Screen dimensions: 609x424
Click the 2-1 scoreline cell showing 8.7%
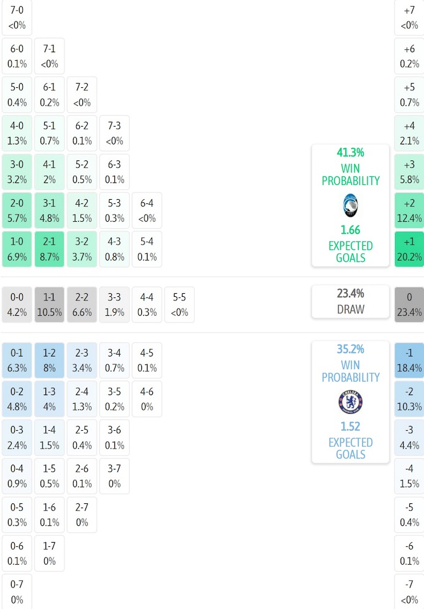click(x=49, y=249)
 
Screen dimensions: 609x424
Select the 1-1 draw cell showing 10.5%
click(x=49, y=305)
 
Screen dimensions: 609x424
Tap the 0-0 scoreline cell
click(x=17, y=305)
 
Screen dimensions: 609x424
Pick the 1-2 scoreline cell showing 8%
click(x=49, y=361)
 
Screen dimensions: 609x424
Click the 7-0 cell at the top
click(x=17, y=18)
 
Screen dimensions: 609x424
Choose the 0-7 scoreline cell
click(x=17, y=592)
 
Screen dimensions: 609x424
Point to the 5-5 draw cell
click(x=179, y=305)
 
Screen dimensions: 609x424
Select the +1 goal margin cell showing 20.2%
click(x=409, y=249)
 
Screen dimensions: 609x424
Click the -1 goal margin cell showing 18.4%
click(x=409, y=361)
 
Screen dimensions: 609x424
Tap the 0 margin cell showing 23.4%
click(x=409, y=305)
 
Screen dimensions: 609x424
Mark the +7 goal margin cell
click(x=409, y=18)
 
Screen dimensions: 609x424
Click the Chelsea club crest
click(x=350, y=402)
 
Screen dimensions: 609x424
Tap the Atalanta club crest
click(x=350, y=206)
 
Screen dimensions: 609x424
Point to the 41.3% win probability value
click(x=350, y=152)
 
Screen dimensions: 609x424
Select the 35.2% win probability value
click(x=350, y=349)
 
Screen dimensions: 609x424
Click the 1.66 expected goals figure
click(x=350, y=230)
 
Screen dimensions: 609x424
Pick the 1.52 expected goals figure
click(x=350, y=426)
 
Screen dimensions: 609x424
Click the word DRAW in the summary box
click(x=350, y=309)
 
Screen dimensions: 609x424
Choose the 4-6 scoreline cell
click(x=147, y=399)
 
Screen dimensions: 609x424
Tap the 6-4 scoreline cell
click(x=147, y=211)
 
